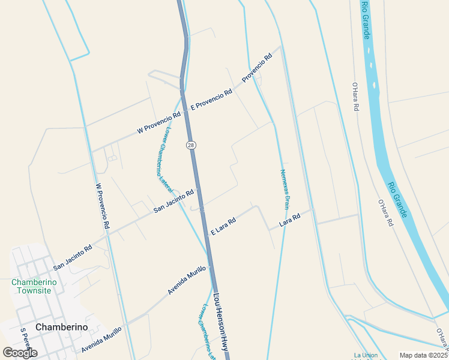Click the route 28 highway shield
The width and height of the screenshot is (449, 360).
190,145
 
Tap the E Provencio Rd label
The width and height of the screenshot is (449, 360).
211,100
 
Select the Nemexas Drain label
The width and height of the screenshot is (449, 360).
285,188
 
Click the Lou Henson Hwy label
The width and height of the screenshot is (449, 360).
221,322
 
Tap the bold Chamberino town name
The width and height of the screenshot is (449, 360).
62,327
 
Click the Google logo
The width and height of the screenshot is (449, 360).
20,353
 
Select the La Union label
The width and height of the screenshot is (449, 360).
366,355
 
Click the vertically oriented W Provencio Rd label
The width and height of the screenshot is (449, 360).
102,206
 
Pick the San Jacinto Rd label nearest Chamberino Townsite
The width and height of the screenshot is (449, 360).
72,257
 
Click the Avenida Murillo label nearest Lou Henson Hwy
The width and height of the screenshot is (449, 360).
187,280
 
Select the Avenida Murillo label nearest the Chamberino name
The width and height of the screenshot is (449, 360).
101,339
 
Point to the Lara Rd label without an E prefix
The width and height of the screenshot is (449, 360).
289,220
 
